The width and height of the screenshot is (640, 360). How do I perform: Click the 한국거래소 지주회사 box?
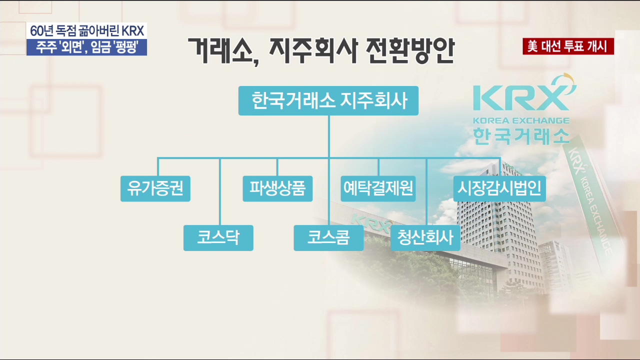pyautogui.click(x=328, y=100)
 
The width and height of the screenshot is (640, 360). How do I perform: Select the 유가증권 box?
pyautogui.click(x=155, y=188)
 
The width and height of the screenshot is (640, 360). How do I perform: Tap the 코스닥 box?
pyautogui.click(x=218, y=238)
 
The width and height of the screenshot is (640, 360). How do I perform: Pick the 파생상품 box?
pyautogui.click(x=277, y=188)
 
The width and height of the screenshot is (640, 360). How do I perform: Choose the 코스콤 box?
pyautogui.click(x=328, y=238)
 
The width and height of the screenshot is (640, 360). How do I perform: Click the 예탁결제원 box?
pyautogui.click(x=378, y=188)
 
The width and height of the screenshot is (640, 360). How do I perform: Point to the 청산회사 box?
pyautogui.click(x=425, y=238)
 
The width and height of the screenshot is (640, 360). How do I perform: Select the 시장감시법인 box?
pyautogui.click(x=499, y=188)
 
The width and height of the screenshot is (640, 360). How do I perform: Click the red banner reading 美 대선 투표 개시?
pyautogui.click(x=568, y=46)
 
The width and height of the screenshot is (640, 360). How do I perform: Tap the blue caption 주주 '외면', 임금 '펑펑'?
pyautogui.click(x=87, y=47)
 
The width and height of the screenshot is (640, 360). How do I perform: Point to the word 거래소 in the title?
pyautogui.click(x=220, y=51)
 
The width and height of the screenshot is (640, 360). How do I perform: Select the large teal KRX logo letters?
pyautogui.click(x=521, y=96)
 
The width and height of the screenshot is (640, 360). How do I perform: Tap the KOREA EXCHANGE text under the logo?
pyautogui.click(x=521, y=120)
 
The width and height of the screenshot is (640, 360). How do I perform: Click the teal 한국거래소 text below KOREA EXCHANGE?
pyautogui.click(x=521, y=136)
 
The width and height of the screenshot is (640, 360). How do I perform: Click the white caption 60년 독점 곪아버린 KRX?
pyautogui.click(x=87, y=30)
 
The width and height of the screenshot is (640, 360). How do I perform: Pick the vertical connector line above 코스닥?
pyautogui.click(x=220, y=191)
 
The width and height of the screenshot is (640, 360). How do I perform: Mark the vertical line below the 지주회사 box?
pyautogui.click(x=329, y=136)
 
